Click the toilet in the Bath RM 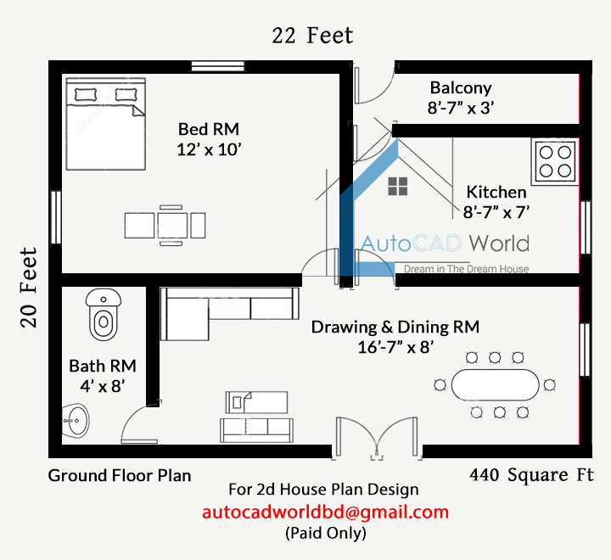(103, 315)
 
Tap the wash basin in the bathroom (76, 421)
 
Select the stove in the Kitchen (555, 161)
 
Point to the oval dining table (495, 384)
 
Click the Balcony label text (461, 87)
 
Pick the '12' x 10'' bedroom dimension (209, 149)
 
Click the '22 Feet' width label (312, 36)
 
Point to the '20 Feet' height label (29, 287)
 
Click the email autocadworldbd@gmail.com (325, 512)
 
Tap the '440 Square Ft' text (531, 474)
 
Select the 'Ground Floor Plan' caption (120, 474)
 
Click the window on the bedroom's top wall (218, 65)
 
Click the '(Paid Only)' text (325, 534)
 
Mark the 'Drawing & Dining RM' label (395, 327)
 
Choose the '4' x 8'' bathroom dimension (102, 387)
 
